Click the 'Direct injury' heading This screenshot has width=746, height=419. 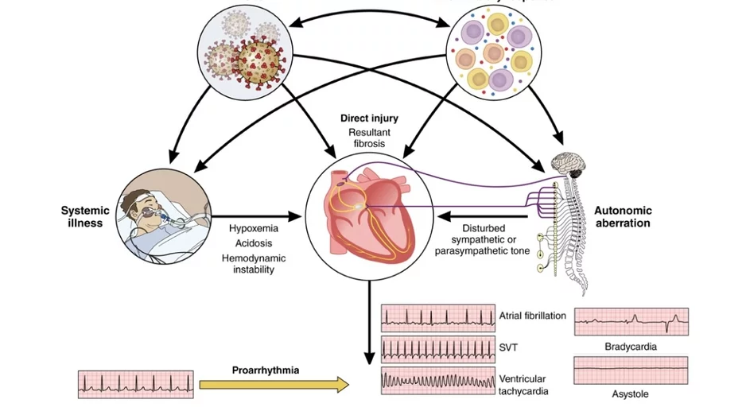[369, 118]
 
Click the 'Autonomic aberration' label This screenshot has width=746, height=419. [623, 217]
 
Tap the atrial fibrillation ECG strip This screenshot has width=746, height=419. [437, 318]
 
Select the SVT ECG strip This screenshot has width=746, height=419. [437, 349]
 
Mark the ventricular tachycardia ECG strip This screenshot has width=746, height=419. [437, 382]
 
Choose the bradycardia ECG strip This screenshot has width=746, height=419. [631, 322]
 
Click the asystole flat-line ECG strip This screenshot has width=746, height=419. [631, 371]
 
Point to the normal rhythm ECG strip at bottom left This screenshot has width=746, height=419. [135, 384]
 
